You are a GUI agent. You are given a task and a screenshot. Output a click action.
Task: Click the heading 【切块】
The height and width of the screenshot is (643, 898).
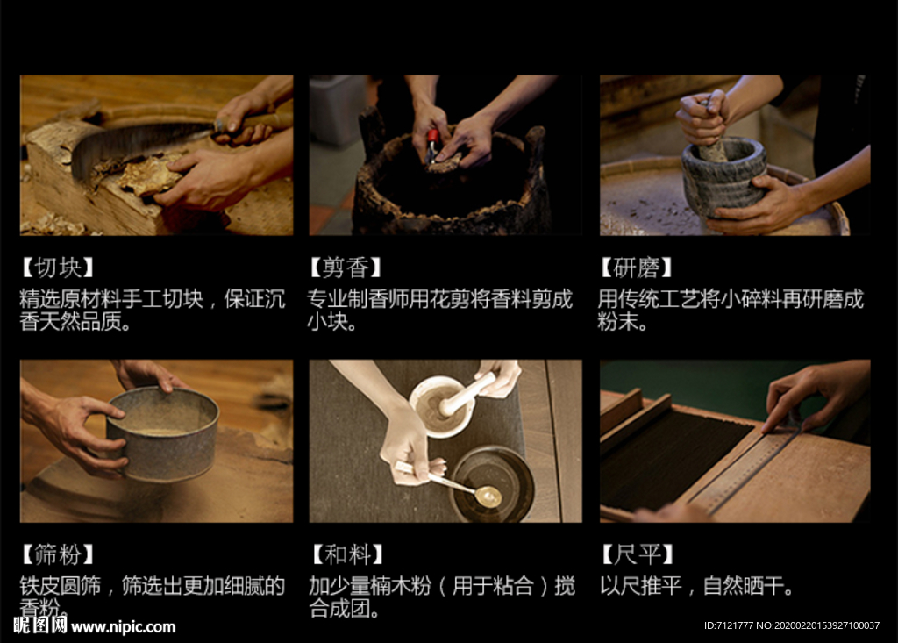pos(57,268)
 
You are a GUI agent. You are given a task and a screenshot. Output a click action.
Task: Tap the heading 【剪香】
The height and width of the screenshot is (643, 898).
pos(346,268)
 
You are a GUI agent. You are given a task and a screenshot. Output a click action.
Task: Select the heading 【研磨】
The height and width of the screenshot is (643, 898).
pos(637,268)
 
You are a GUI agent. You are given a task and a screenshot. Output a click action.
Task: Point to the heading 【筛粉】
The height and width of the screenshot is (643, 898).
pos(57,554)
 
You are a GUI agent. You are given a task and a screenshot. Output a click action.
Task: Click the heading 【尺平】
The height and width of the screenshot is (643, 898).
pos(638,554)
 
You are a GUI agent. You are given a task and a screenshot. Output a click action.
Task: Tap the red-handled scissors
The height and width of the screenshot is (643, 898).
pos(431,146)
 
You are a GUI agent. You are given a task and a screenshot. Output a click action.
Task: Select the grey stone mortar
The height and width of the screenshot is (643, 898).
pos(723,175)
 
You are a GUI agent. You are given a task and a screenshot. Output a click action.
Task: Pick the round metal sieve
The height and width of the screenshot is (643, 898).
pos(162,434)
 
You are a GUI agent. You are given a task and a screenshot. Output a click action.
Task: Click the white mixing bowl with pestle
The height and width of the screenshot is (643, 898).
pos(442,407)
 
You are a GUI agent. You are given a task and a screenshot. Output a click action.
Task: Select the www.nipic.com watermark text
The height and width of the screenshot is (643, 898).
pos(123,627)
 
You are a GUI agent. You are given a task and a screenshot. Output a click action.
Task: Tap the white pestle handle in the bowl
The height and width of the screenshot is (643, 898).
pos(467,394)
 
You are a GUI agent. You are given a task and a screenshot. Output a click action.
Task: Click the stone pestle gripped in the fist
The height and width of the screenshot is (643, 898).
pos(710,135)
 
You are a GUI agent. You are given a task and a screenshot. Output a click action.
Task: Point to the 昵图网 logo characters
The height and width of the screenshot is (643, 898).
pos(40,625)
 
